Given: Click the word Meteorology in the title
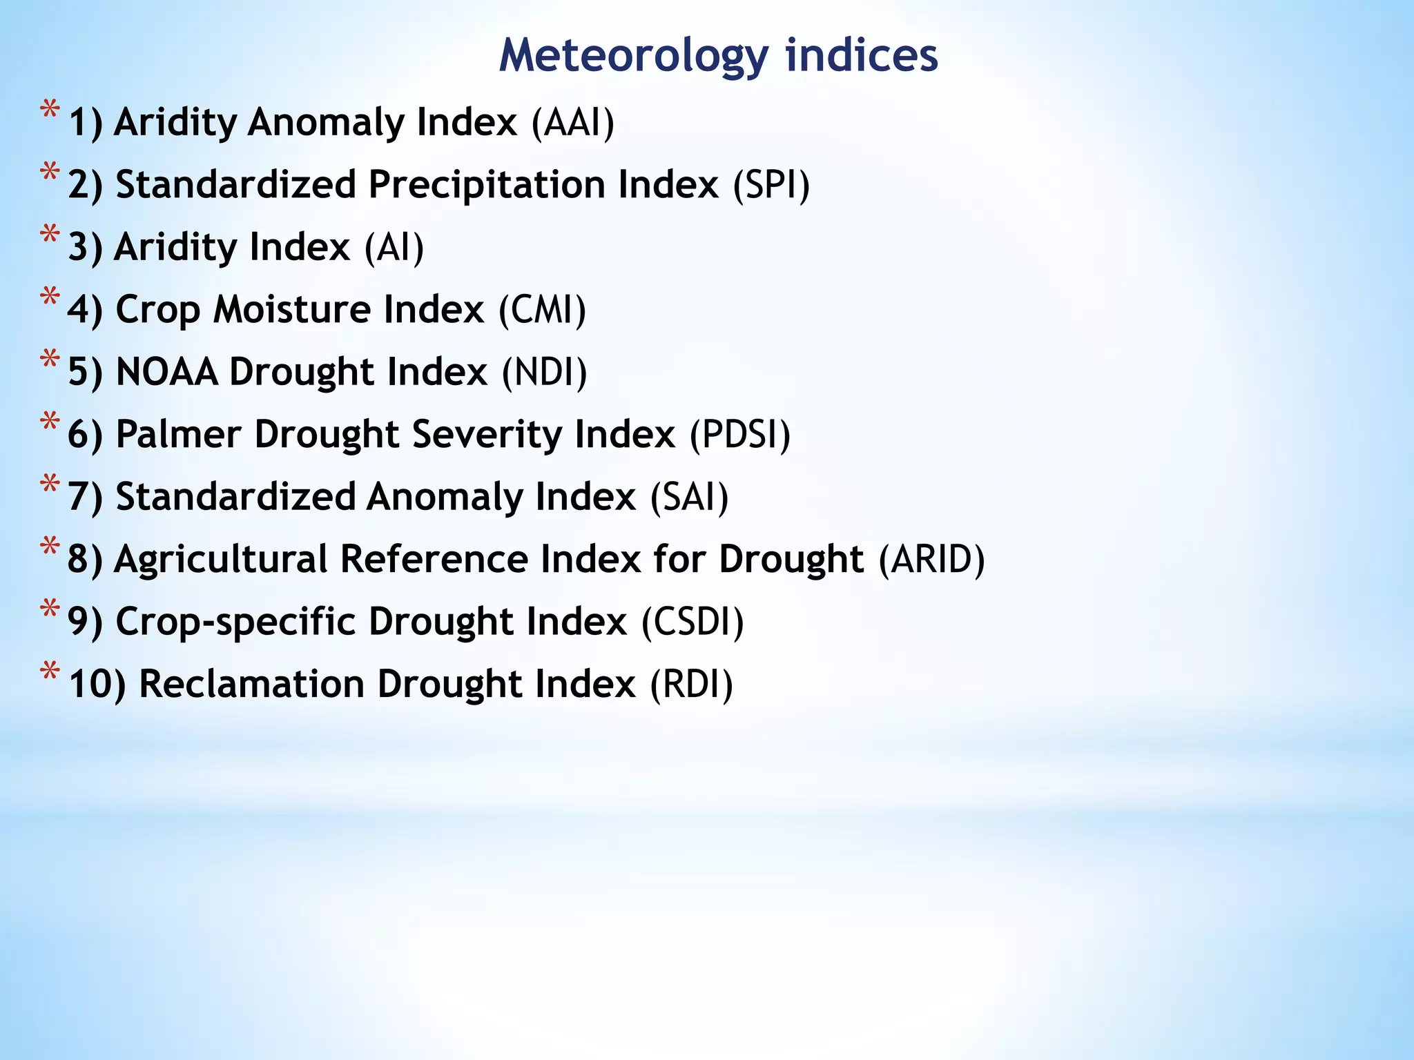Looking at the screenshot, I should [633, 55].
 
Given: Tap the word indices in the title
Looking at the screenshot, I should [861, 55].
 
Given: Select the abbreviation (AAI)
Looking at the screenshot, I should [572, 123].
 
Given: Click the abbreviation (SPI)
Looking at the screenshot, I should [771, 186].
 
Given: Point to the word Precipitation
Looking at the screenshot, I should [485, 186].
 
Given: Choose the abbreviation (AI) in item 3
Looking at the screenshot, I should [394, 248].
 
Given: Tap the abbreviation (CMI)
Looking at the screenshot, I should [542, 310].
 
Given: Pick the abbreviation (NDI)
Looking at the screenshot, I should [544, 373].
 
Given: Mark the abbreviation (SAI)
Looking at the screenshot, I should [689, 498].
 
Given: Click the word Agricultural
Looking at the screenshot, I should [220, 560].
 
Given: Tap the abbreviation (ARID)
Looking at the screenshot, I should [931, 560].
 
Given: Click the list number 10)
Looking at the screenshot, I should [97, 685].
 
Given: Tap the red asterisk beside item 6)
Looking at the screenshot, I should [50, 422].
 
